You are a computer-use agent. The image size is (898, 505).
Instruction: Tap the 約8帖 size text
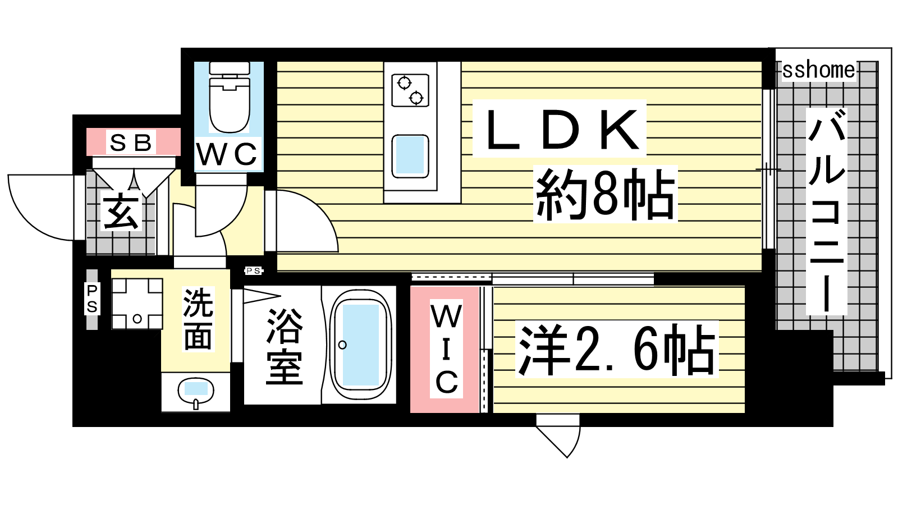pos(605,195)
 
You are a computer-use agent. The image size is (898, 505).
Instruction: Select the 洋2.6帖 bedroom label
pos(617,349)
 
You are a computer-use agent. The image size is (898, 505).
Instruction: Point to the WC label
pos(227,154)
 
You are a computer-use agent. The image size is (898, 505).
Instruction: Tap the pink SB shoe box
pos(134,142)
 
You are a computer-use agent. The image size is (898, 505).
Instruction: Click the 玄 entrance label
pos(121,211)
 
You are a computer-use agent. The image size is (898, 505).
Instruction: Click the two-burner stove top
pos(410,90)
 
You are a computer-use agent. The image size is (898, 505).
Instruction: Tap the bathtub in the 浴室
pos(360,345)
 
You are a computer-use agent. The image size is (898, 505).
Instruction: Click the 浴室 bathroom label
pos(284,346)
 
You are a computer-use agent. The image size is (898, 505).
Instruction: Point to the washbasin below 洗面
pos(196,392)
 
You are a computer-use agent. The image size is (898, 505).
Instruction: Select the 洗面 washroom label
pos(198,319)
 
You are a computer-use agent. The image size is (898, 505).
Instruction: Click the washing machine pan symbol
pos(137,304)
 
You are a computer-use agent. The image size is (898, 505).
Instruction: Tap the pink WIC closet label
pos(447,348)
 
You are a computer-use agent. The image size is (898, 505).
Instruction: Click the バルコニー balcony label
pos(827,211)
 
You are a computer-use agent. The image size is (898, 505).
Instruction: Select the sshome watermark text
pos(819,70)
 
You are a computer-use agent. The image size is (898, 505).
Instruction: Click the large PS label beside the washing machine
pos(92,299)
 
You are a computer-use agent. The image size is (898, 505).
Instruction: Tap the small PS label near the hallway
pos(253,271)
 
